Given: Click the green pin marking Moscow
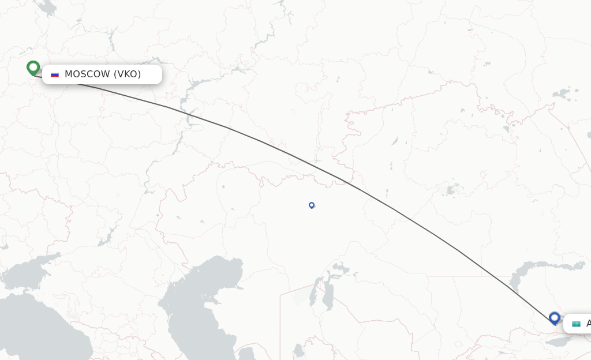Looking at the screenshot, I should click(33, 67).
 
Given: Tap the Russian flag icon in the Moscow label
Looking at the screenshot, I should click(55, 74).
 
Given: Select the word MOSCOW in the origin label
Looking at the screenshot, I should click(87, 74).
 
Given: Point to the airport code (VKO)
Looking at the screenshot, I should click(127, 74).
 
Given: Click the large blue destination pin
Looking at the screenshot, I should click(554, 317).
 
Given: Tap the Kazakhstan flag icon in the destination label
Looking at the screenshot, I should click(576, 324).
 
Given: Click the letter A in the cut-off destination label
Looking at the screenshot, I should click(588, 324).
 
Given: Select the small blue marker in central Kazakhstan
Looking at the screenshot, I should click(312, 205).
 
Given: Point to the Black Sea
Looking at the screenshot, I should click(35, 329).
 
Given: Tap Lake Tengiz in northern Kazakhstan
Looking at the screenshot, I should click(449, 189).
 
